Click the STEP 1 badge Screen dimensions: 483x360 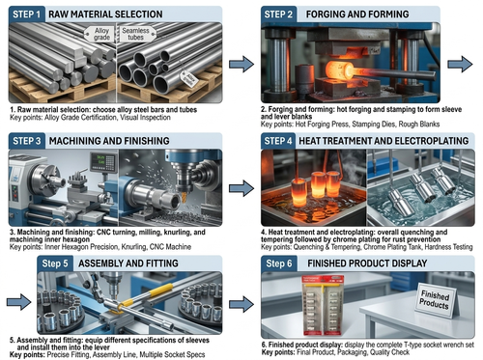[x=27, y=14]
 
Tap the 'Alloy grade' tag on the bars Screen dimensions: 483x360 [x=101, y=34]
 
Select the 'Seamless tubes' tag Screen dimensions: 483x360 [x=135, y=34]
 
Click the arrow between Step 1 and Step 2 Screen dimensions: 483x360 [x=241, y=64]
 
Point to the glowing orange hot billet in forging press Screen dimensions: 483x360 [x=340, y=71]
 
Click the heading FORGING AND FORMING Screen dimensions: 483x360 [x=357, y=14]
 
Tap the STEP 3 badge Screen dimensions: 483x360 [x=27, y=141]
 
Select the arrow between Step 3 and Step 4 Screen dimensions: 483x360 [x=241, y=188]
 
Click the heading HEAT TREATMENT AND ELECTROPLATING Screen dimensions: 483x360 [x=384, y=141]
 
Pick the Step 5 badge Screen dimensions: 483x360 [x=55, y=263]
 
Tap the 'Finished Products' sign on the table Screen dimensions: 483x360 [x=436, y=299]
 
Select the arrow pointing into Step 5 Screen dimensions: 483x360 [x=18, y=302]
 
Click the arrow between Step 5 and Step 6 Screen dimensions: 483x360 [x=241, y=304]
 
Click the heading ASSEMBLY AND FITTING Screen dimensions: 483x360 [x=128, y=263]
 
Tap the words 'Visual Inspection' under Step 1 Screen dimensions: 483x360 [x=145, y=118]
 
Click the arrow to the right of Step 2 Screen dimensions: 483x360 [x=460, y=64]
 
